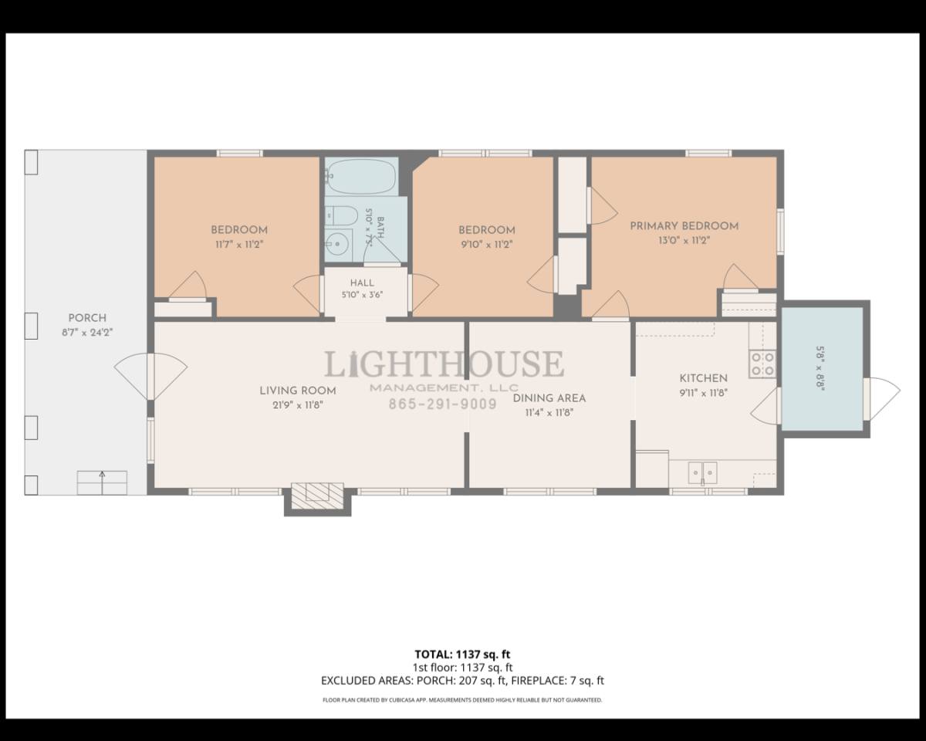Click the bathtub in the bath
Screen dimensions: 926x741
[361, 176]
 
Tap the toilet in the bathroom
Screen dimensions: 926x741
[341, 215]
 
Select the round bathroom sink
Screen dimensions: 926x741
[338, 244]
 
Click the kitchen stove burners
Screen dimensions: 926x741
[762, 364]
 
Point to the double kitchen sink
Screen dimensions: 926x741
[703, 472]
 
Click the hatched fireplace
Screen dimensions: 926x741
[318, 496]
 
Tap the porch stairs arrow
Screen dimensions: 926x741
[102, 482]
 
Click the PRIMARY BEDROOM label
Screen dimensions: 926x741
[684, 226]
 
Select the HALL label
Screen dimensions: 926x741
[362, 283]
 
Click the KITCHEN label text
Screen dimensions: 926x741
[704, 378]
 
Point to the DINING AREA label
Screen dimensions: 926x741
[549, 398]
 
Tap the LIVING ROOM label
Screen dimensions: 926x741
[298, 391]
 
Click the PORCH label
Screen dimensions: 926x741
[87, 318]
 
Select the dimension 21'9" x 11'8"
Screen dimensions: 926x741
[298, 405]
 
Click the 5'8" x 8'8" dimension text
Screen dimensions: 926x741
[820, 368]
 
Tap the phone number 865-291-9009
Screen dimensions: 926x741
[443, 404]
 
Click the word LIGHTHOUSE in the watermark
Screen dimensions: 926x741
[444, 364]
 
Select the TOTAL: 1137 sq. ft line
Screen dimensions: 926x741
[462, 655]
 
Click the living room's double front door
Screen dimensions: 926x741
[150, 377]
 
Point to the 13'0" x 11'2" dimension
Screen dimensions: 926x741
[684, 240]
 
